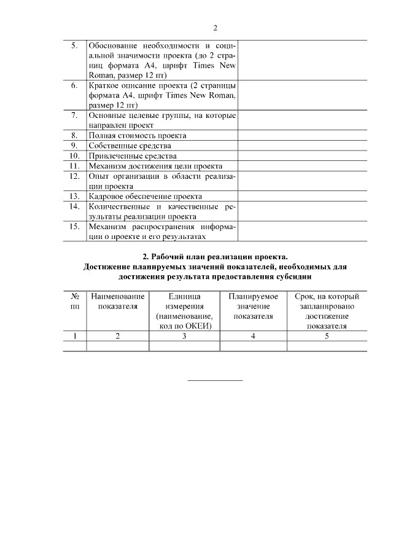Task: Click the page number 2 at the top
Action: (x=215, y=28)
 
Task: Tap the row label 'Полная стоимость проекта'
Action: (x=137, y=135)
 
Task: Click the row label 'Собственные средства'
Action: (x=130, y=146)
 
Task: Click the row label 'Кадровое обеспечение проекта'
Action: (x=145, y=196)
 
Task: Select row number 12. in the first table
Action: (x=74, y=176)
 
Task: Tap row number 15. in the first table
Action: (x=74, y=226)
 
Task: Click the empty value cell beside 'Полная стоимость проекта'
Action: (x=302, y=135)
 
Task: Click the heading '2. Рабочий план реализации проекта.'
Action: (x=214, y=256)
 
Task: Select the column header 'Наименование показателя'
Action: (x=117, y=302)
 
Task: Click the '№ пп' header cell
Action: (x=75, y=302)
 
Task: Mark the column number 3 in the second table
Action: (x=184, y=336)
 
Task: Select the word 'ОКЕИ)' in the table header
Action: (x=197, y=326)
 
